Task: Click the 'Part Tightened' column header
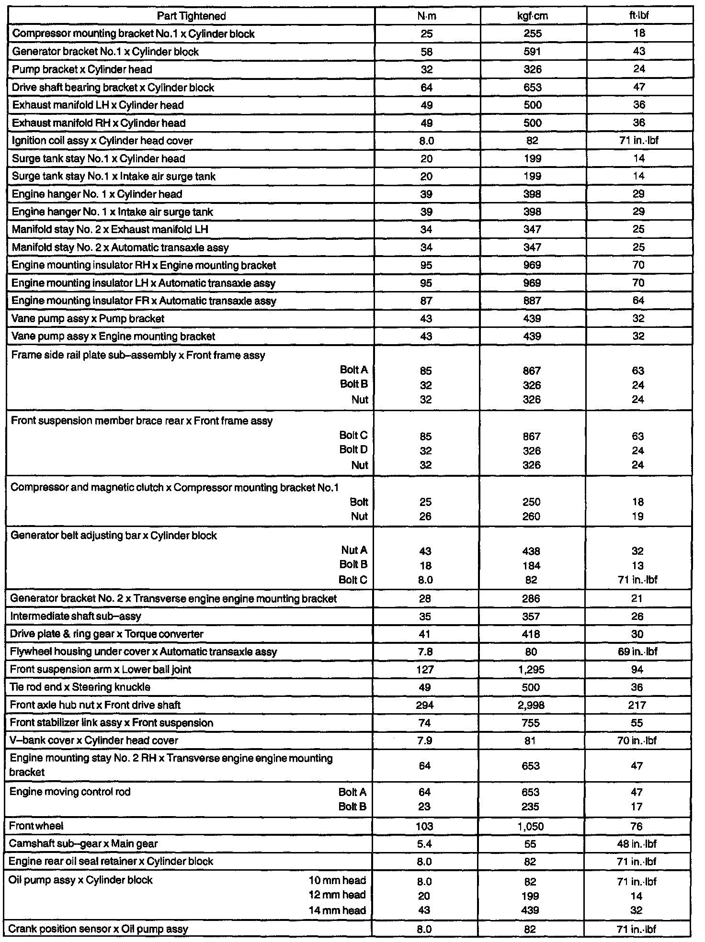[191, 16]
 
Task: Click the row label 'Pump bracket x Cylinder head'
[82, 69]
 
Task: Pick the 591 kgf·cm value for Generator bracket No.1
[533, 52]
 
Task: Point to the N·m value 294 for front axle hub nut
[425, 705]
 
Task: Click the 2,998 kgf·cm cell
[531, 705]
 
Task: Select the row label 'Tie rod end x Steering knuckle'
[80, 687]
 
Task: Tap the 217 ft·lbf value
[637, 705]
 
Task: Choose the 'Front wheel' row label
[36, 826]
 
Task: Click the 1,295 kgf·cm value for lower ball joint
[531, 670]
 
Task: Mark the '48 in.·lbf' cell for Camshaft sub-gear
[637, 844]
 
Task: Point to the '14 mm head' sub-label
[337, 910]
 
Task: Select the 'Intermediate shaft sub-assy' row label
[76, 617]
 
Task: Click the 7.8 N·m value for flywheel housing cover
[425, 652]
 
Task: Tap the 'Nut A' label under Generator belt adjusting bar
[354, 550]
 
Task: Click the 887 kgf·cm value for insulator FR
[532, 301]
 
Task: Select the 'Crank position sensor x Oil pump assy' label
[98, 929]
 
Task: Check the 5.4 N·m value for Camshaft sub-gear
[425, 844]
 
